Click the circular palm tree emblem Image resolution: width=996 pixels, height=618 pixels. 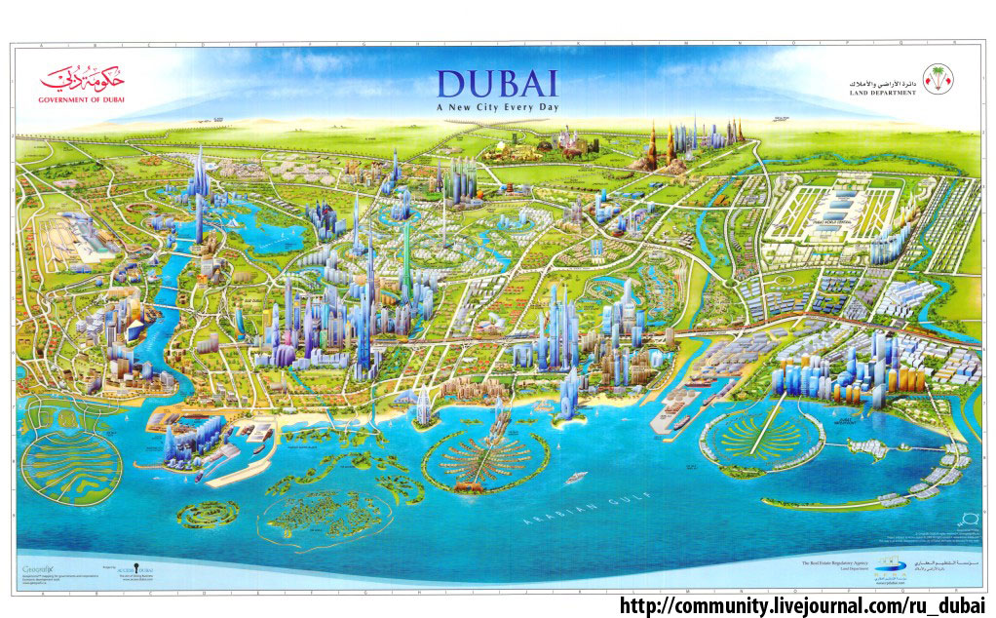[x=939, y=80]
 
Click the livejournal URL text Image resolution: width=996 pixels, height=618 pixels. [x=803, y=604]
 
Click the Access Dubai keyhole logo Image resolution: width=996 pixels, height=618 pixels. [x=116, y=568]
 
